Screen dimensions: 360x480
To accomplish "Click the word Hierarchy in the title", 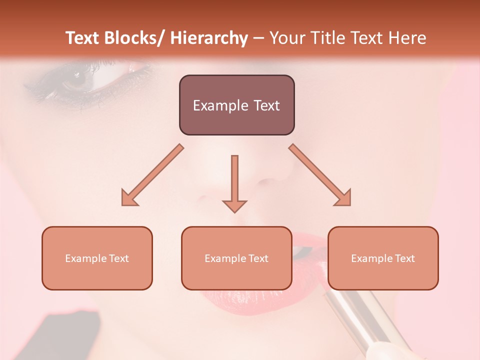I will [x=208, y=38].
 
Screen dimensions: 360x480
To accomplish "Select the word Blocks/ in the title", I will [x=134, y=38].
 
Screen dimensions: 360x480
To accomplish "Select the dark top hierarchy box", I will [x=236, y=105].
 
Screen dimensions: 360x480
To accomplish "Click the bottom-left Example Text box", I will [x=97, y=258].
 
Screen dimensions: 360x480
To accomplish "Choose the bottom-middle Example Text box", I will [x=236, y=258].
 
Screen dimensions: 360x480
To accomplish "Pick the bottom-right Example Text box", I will [x=383, y=258].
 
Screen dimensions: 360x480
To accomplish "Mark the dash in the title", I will [x=258, y=38].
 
